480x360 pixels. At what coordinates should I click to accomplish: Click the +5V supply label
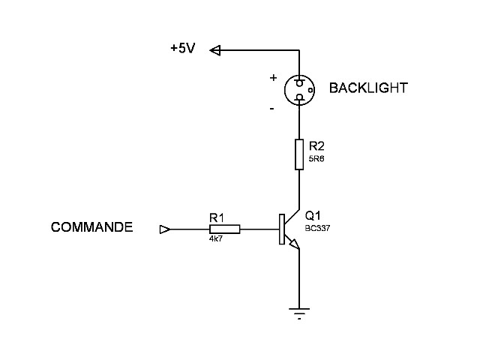[x=183, y=49]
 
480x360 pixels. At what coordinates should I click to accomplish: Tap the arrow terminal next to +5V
[x=215, y=50]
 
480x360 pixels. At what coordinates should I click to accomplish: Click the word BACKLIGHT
[x=368, y=88]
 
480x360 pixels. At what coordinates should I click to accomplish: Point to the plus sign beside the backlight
[x=273, y=77]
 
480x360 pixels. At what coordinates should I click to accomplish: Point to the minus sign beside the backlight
[x=271, y=109]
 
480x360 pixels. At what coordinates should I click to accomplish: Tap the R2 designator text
[x=316, y=146]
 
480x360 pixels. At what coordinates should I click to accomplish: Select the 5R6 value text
[x=316, y=159]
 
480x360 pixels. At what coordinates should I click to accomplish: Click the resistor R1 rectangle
[x=225, y=229]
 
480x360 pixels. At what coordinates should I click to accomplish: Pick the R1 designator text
[x=217, y=217]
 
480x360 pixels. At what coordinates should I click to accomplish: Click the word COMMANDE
[x=92, y=227]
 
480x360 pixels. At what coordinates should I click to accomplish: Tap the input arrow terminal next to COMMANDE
[x=165, y=229]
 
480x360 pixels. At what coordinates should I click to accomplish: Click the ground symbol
[x=299, y=313]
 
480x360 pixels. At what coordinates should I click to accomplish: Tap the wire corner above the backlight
[x=299, y=50]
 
